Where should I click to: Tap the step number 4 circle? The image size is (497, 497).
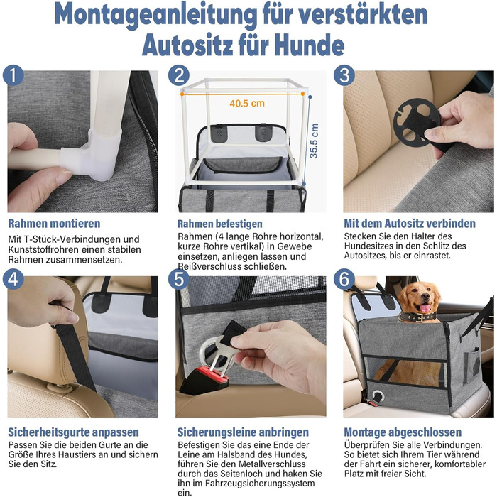coord(13,279)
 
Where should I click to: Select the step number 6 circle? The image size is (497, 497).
coord(344,279)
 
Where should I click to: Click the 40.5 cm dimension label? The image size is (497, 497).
coord(247,104)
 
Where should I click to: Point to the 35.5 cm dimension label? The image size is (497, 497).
coord(314,141)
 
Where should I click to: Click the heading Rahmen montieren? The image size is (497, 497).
coord(54,224)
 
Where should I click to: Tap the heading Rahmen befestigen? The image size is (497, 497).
coord(219,224)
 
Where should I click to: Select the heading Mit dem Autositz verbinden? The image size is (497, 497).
coord(410,224)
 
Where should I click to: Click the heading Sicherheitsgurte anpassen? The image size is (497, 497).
coord(73,432)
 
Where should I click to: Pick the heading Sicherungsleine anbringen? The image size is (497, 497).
coord(243,432)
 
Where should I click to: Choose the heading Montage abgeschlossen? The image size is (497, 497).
coord(403,432)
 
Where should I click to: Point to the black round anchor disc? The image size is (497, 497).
coord(416,122)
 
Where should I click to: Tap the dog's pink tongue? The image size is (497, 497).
coord(425,308)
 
